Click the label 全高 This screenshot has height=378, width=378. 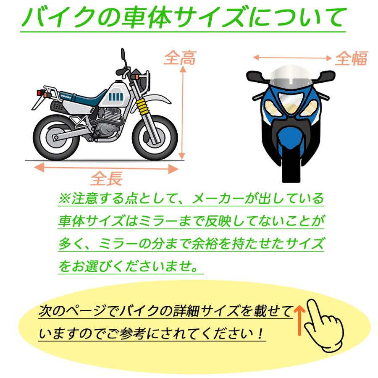(179, 59)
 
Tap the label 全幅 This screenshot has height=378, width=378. (351, 59)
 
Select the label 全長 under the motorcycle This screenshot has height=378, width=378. (107, 178)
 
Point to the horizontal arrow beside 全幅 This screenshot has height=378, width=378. (292, 58)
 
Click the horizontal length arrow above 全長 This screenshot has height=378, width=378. (106, 168)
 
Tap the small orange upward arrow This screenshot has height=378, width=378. (299, 320)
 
